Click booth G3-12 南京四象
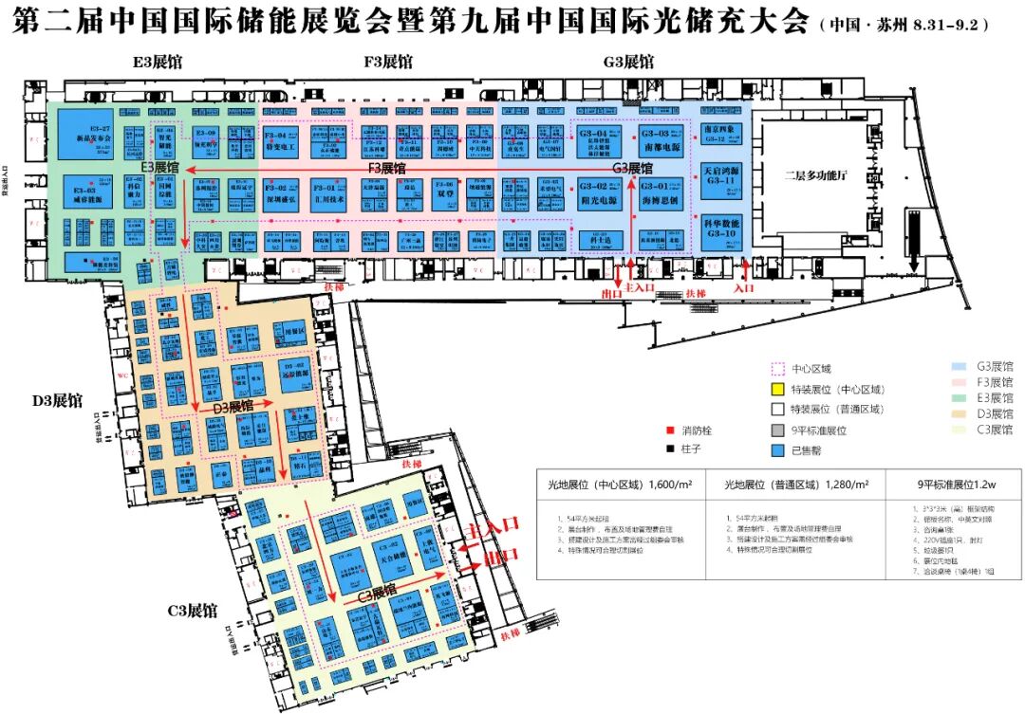coord(719,134)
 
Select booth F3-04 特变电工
coord(281,143)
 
